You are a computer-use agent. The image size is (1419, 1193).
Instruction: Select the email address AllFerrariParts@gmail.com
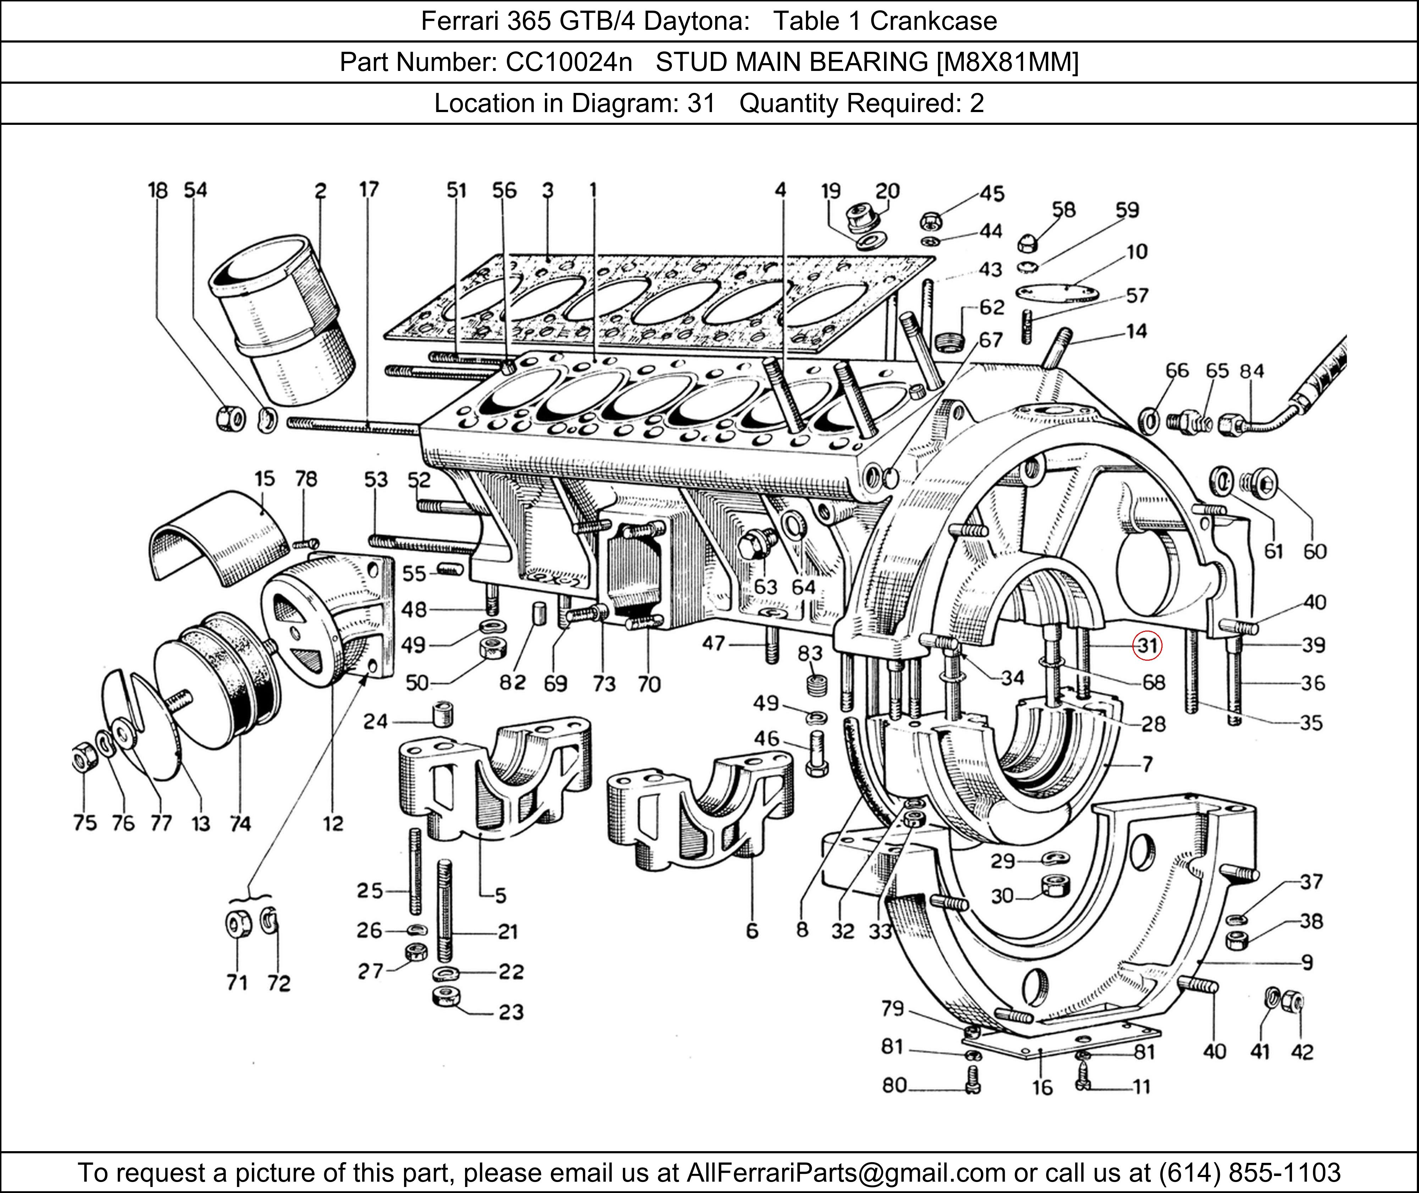pyautogui.click(x=845, y=1172)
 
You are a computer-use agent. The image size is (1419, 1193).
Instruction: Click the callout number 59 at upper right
pyautogui.click(x=1127, y=210)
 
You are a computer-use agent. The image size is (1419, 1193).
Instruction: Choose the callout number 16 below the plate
pyautogui.click(x=1042, y=1088)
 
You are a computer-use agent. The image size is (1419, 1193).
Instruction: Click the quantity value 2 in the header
pyautogui.click(x=977, y=104)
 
